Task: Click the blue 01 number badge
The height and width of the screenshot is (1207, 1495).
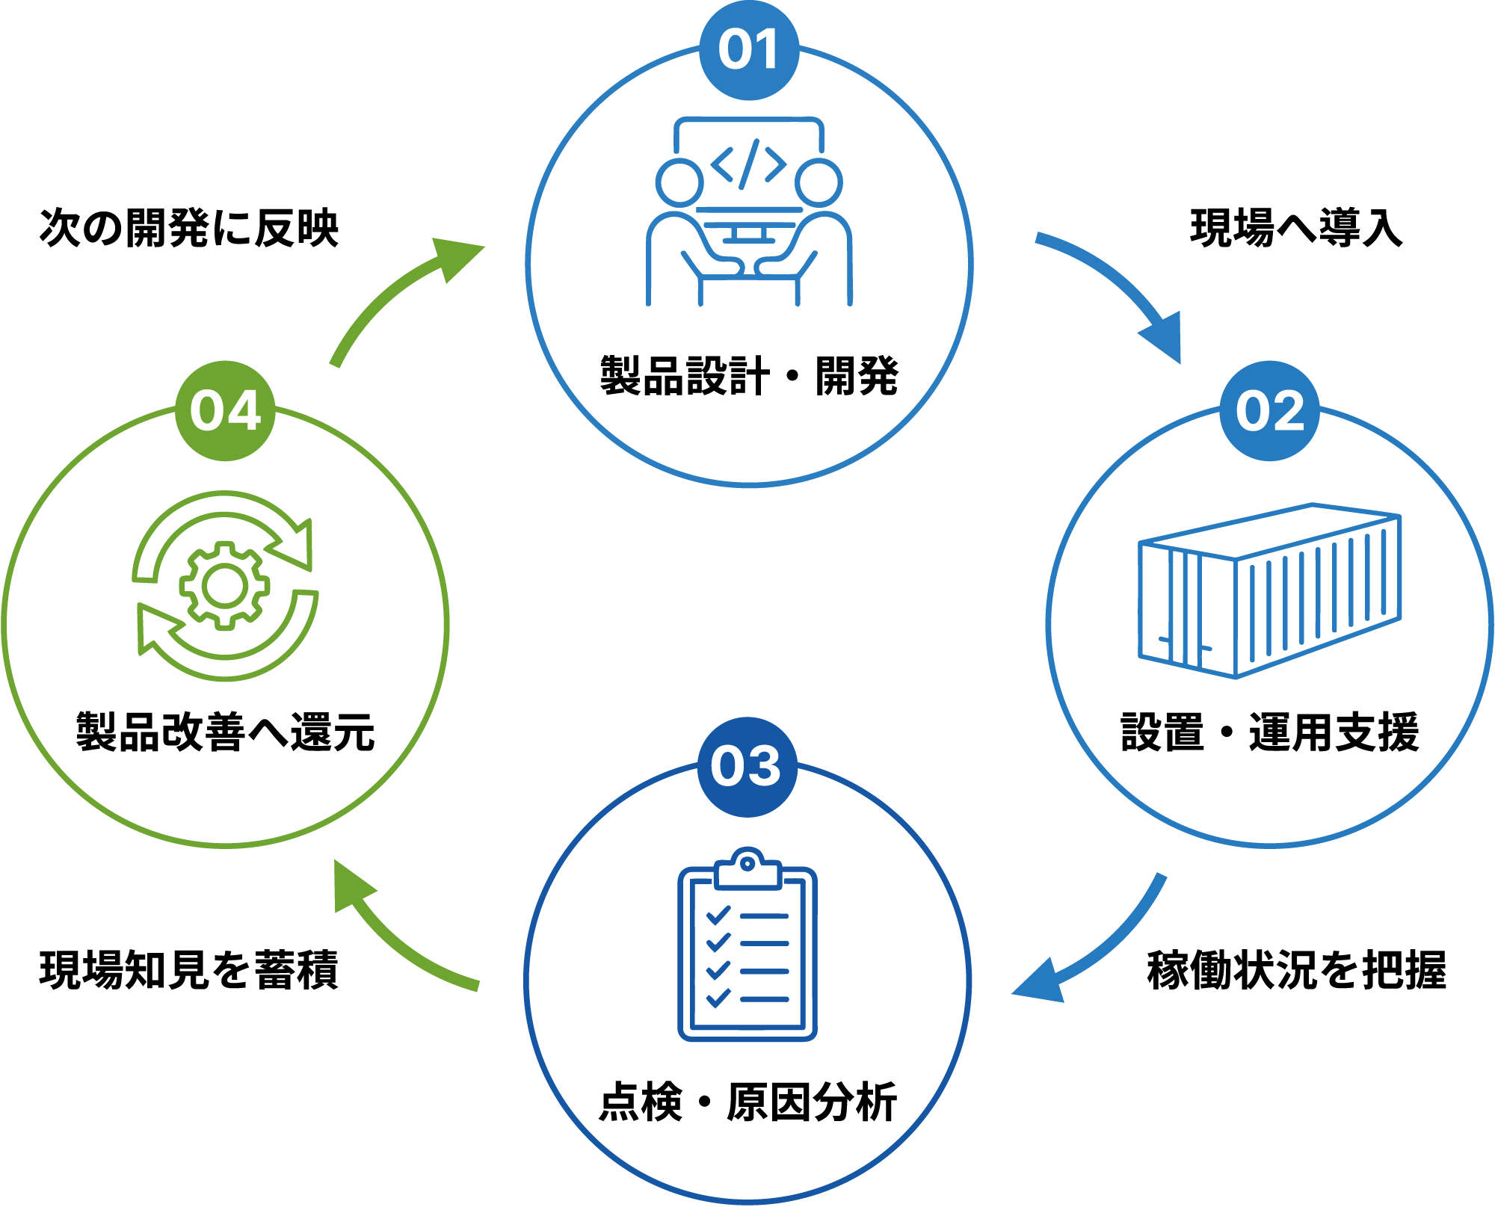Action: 749,50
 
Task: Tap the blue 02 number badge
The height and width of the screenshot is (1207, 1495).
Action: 1269,411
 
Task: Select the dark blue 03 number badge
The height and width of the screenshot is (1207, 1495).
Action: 747,767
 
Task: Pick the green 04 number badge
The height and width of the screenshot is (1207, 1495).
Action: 225,411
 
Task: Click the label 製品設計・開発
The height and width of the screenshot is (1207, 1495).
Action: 749,375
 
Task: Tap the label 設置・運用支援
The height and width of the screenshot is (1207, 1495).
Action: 1269,732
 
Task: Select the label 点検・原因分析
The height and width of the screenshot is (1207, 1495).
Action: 747,1102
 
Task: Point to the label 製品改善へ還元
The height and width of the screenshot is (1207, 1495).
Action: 225,732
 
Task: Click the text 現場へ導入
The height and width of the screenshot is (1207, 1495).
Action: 1296,228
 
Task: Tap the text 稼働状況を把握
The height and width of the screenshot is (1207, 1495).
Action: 1297,970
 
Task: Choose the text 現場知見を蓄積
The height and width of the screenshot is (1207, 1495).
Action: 189,970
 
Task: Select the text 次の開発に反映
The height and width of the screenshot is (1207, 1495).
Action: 189,228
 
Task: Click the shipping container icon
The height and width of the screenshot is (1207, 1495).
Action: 1269,590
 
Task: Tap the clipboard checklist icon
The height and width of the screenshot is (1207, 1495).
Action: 747,944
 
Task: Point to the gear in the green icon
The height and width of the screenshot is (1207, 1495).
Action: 224,585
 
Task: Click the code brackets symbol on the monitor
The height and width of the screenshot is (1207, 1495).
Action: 748,164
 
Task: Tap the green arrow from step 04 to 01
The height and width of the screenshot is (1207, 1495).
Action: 396,288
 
